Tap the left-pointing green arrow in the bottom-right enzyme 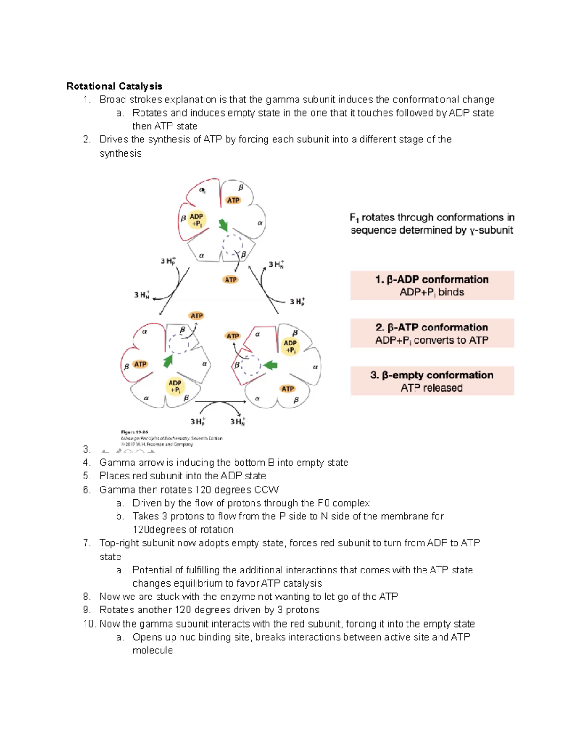coord(270,365)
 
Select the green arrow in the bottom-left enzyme coord(168,361)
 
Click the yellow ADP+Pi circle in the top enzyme coord(196,220)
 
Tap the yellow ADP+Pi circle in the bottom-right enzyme coord(290,346)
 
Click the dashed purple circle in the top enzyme coord(232,244)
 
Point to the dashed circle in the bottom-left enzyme coord(179,344)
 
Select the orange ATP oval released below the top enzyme coord(230,280)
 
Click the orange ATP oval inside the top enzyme coord(233,200)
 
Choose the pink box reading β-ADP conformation coord(432,285)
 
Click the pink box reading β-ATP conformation coord(432,333)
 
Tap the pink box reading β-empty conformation coord(432,381)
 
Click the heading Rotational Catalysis coord(114,86)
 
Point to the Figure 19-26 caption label coord(134,432)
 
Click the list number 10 coord(88,624)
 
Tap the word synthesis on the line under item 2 coord(120,153)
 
